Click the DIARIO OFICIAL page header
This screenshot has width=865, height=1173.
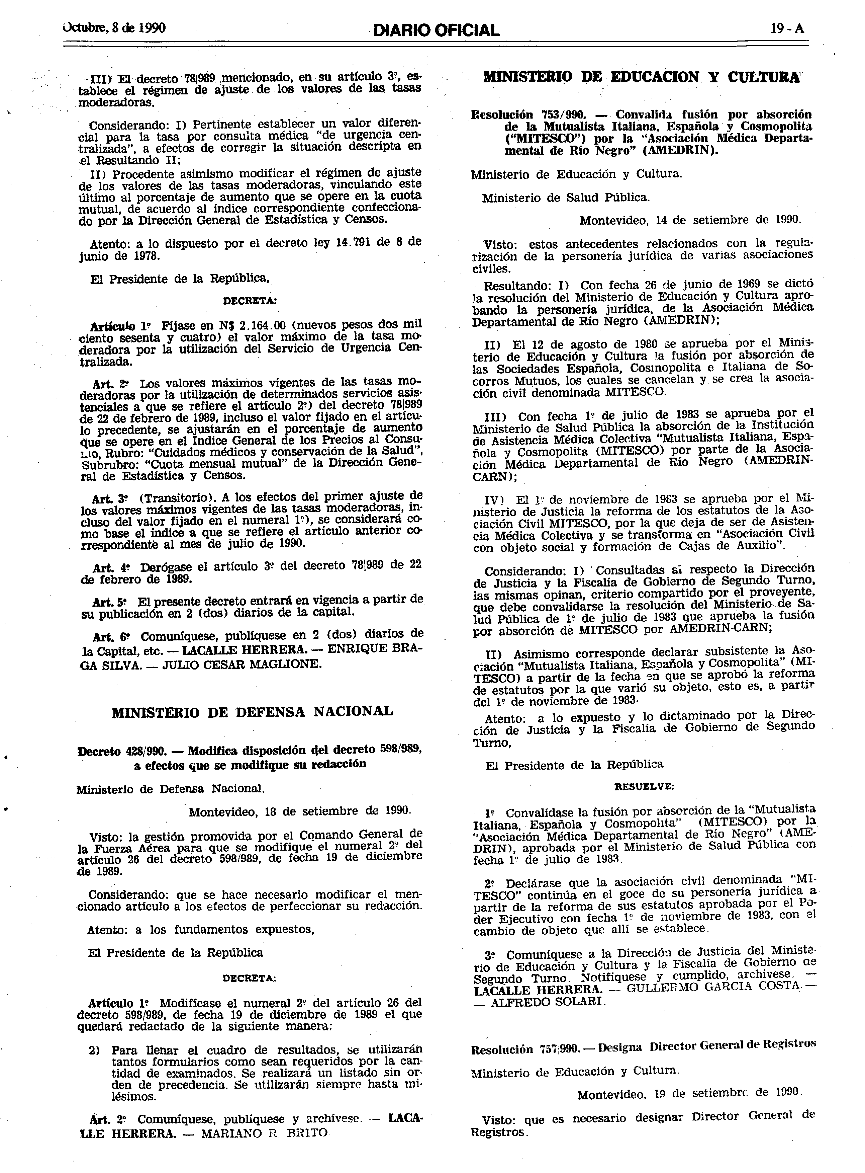pos(436,30)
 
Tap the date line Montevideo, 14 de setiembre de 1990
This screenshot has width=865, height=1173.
pos(690,220)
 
